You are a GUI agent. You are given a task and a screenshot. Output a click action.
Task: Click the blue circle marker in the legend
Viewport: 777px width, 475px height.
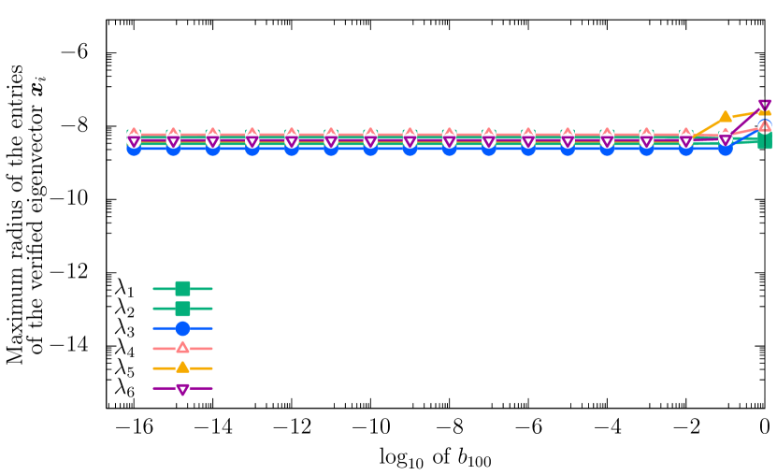click(x=182, y=328)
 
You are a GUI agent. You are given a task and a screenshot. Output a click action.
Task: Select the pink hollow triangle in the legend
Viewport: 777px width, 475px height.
click(x=182, y=348)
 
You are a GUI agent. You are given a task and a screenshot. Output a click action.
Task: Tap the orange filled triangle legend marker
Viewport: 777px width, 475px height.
click(x=182, y=368)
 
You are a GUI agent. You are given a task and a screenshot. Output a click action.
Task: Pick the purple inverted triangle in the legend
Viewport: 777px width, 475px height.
click(x=182, y=388)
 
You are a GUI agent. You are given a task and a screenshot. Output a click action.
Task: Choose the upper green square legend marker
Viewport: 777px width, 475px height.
click(x=182, y=289)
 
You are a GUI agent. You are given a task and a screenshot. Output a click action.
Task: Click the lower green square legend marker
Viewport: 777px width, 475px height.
click(x=182, y=309)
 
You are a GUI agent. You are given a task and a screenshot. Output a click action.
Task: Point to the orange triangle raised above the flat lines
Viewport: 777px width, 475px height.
click(x=726, y=118)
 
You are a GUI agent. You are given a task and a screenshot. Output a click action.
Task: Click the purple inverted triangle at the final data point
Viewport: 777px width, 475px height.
click(x=765, y=104)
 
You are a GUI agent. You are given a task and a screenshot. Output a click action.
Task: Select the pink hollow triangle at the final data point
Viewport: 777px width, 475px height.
click(x=765, y=127)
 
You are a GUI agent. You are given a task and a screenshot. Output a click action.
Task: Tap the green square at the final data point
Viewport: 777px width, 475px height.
click(x=765, y=142)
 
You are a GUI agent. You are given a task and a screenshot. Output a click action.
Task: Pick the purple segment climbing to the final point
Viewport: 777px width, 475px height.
click(x=746, y=121)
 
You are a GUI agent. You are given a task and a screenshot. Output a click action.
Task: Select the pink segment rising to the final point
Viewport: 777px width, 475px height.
click(x=745, y=132)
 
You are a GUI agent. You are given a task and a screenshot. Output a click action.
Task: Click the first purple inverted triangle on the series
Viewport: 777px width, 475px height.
click(x=134, y=140)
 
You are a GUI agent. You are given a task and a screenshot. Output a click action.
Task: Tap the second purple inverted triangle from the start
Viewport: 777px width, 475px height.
click(x=173, y=140)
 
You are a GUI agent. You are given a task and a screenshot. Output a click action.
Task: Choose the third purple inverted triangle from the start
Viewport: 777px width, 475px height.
click(x=212, y=140)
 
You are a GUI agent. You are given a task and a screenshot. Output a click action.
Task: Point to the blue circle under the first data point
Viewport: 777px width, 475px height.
click(x=134, y=149)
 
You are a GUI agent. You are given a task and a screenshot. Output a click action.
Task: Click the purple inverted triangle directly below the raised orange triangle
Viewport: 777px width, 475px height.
click(x=726, y=138)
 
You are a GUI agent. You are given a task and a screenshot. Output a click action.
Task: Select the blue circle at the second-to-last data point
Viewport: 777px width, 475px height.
click(x=726, y=149)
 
